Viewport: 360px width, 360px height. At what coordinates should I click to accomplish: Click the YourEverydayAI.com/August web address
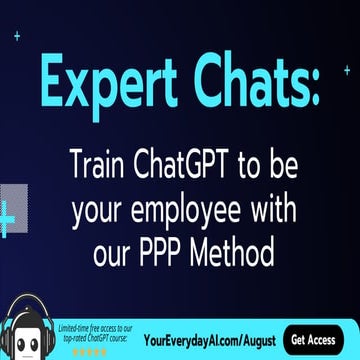pyautogui.click(x=209, y=339)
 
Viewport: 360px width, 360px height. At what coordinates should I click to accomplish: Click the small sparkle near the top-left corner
pyautogui.click(x=17, y=36)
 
